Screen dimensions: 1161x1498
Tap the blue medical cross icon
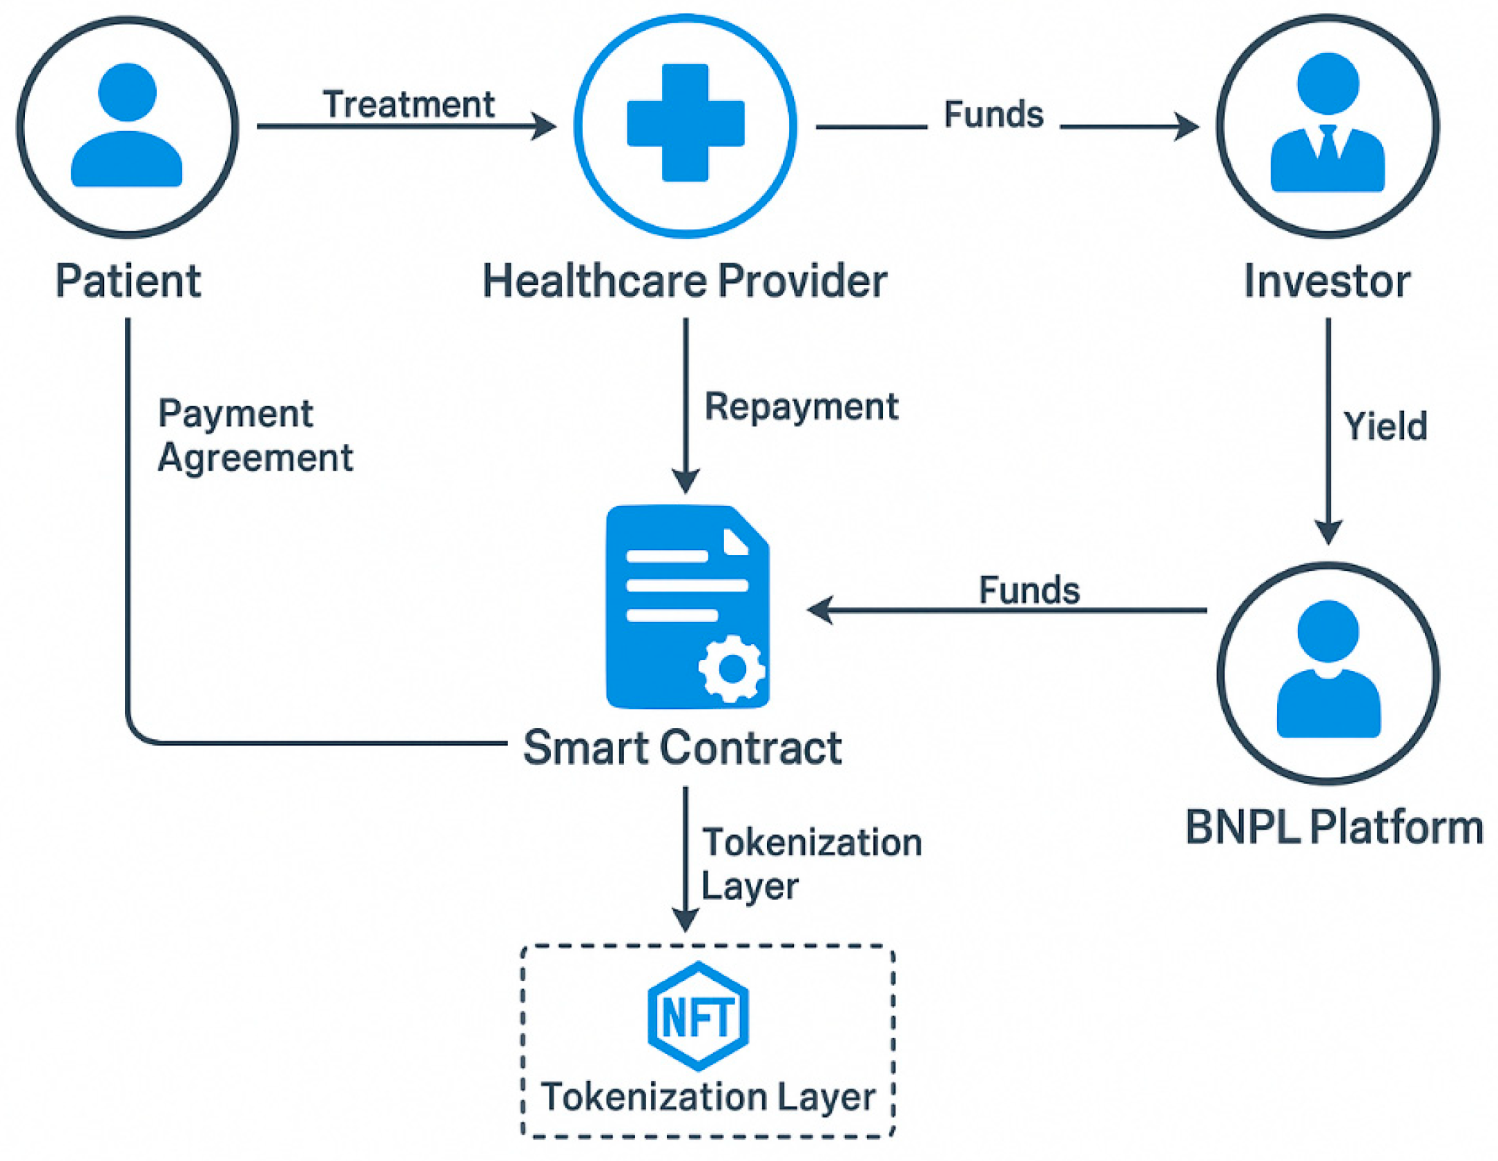pyautogui.click(x=685, y=123)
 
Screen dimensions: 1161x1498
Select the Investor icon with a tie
pyautogui.click(x=1327, y=124)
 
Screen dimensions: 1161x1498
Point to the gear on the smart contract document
pyautogui.click(x=732, y=668)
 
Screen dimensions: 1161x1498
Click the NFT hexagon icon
pyautogui.click(x=698, y=1016)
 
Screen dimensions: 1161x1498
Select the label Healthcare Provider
pyautogui.click(x=684, y=281)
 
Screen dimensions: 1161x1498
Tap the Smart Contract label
pyautogui.click(x=682, y=748)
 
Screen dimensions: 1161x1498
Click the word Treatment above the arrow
pyautogui.click(x=409, y=105)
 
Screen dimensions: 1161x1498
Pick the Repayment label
pyautogui.click(x=801, y=406)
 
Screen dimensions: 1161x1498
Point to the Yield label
pyautogui.click(x=1384, y=426)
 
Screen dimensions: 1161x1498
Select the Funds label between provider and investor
pyautogui.click(x=993, y=115)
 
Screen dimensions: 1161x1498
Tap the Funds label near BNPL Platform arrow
pyautogui.click(x=1029, y=590)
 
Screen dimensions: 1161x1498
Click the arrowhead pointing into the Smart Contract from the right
pyautogui.click(x=819, y=610)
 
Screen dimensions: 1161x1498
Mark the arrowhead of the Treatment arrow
pyautogui.click(x=545, y=126)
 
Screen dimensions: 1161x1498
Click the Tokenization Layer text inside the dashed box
pyautogui.click(x=708, y=1097)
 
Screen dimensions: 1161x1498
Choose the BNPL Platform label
pyautogui.click(x=1334, y=827)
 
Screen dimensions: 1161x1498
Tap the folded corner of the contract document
pyautogui.click(x=736, y=541)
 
